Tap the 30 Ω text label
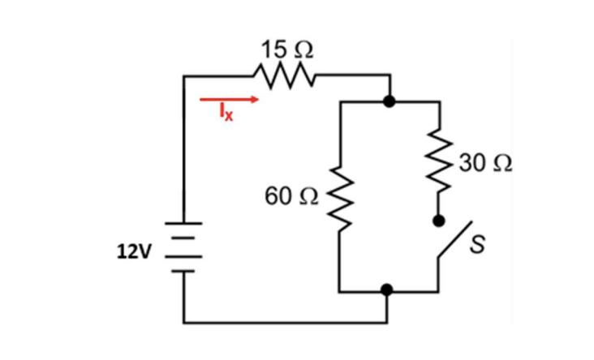click(x=484, y=163)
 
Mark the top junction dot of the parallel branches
click(x=390, y=102)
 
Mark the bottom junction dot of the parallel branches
click(x=389, y=289)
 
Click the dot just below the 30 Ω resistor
click(x=440, y=220)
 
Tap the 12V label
click(x=134, y=251)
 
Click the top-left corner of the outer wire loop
click(x=185, y=77)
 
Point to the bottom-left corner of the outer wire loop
click(x=185, y=322)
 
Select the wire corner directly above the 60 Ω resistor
click(x=339, y=102)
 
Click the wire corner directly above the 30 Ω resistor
click(x=440, y=102)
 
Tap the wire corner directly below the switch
click(x=440, y=289)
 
